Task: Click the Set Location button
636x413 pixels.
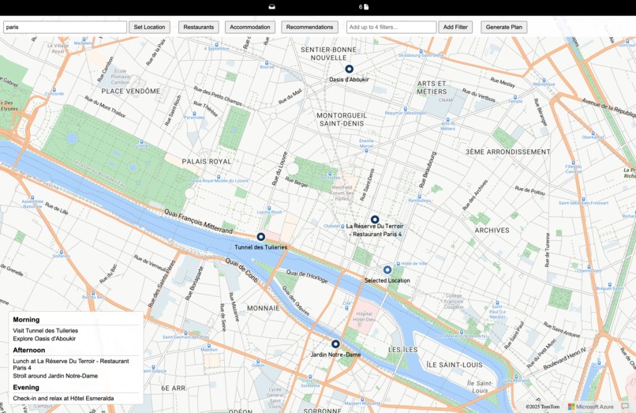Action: pos(149,27)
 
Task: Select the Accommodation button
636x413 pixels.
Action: pos(250,27)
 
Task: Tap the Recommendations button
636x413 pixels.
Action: pos(309,27)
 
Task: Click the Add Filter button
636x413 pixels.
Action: pos(455,27)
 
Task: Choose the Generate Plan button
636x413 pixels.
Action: pos(503,27)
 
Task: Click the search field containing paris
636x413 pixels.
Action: pos(65,27)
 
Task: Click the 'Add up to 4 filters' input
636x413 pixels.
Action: pos(391,27)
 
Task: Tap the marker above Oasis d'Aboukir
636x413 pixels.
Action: pos(349,69)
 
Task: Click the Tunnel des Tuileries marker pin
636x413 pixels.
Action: pos(261,237)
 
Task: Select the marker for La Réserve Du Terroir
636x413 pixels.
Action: pos(375,220)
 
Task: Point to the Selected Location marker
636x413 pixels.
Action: pos(387,270)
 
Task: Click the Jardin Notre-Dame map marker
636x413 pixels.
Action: pos(335,344)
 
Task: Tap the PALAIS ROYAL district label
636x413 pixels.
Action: pos(207,161)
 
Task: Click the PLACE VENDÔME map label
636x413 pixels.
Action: pos(130,91)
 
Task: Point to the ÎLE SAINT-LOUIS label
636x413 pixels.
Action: pos(454,365)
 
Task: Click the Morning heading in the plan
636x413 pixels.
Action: pos(26,320)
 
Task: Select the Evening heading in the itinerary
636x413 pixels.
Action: pos(26,388)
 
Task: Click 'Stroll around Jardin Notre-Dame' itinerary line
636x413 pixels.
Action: pos(55,376)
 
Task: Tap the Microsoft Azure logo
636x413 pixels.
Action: pos(590,407)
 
